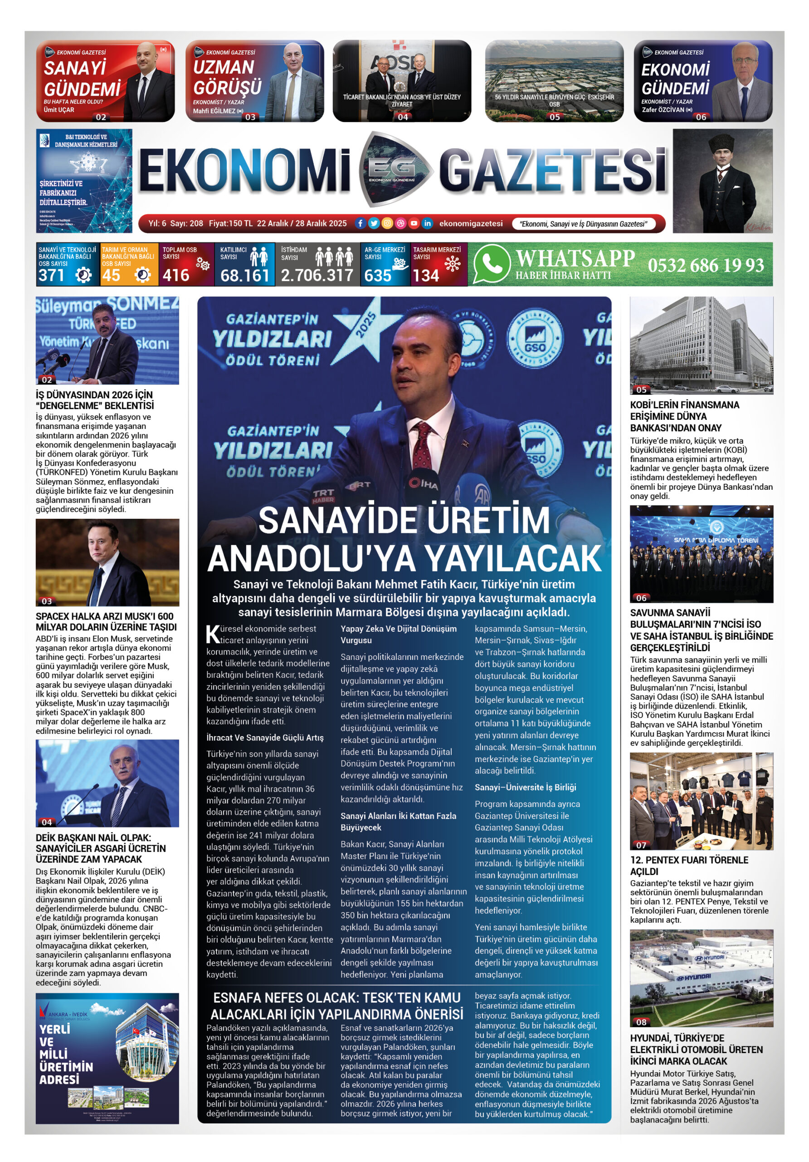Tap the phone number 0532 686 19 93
click(705, 265)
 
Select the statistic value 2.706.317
click(317, 276)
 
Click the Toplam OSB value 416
click(175, 276)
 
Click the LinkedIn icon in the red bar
click(427, 223)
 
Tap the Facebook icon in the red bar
click(360, 223)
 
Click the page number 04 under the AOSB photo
click(403, 117)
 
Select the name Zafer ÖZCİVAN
click(663, 110)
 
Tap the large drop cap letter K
click(213, 634)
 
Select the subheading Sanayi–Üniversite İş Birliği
click(525, 787)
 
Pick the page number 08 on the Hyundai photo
click(641, 1022)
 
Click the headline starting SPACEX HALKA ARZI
click(106, 621)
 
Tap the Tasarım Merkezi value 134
click(425, 276)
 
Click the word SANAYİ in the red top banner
click(75, 68)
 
